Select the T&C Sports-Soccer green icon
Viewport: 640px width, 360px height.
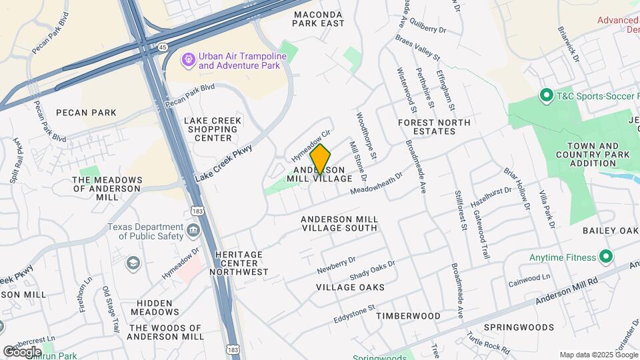[x=547, y=95]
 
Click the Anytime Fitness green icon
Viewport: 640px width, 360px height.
[x=606, y=257]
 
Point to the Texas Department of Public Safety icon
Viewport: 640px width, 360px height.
[x=194, y=231]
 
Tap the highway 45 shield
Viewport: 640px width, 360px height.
[x=164, y=47]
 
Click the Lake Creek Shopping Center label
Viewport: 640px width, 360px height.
[x=213, y=129]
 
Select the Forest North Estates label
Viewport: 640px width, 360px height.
[x=434, y=127]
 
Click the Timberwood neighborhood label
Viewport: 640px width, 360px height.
[x=408, y=315]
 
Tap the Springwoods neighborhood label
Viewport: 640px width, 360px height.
[x=519, y=327]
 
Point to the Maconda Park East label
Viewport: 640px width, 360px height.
[x=319, y=19]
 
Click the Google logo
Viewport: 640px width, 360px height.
[x=22, y=351]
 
